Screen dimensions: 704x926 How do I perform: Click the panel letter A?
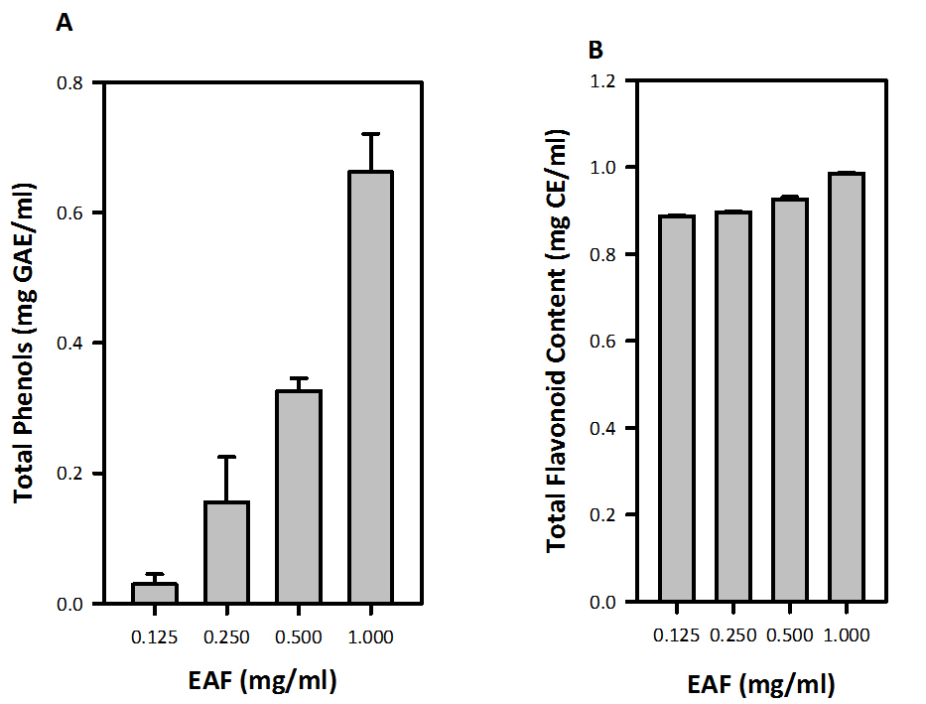(63, 24)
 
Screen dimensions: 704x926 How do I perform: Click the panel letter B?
(595, 49)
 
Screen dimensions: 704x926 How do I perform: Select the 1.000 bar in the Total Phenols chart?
(370, 387)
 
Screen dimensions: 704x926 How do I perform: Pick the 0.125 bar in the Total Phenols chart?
(155, 593)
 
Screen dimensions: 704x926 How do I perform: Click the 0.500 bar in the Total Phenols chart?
(299, 496)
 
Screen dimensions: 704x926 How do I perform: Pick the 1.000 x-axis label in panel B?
(849, 633)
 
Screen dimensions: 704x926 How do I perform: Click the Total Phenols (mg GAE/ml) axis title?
(27, 343)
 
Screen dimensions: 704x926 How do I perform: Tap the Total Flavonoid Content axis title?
(558, 343)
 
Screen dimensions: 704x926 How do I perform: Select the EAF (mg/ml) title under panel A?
(262, 680)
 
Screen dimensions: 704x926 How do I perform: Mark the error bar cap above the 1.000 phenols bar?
(370, 134)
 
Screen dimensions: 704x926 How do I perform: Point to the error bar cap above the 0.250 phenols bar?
(226, 457)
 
